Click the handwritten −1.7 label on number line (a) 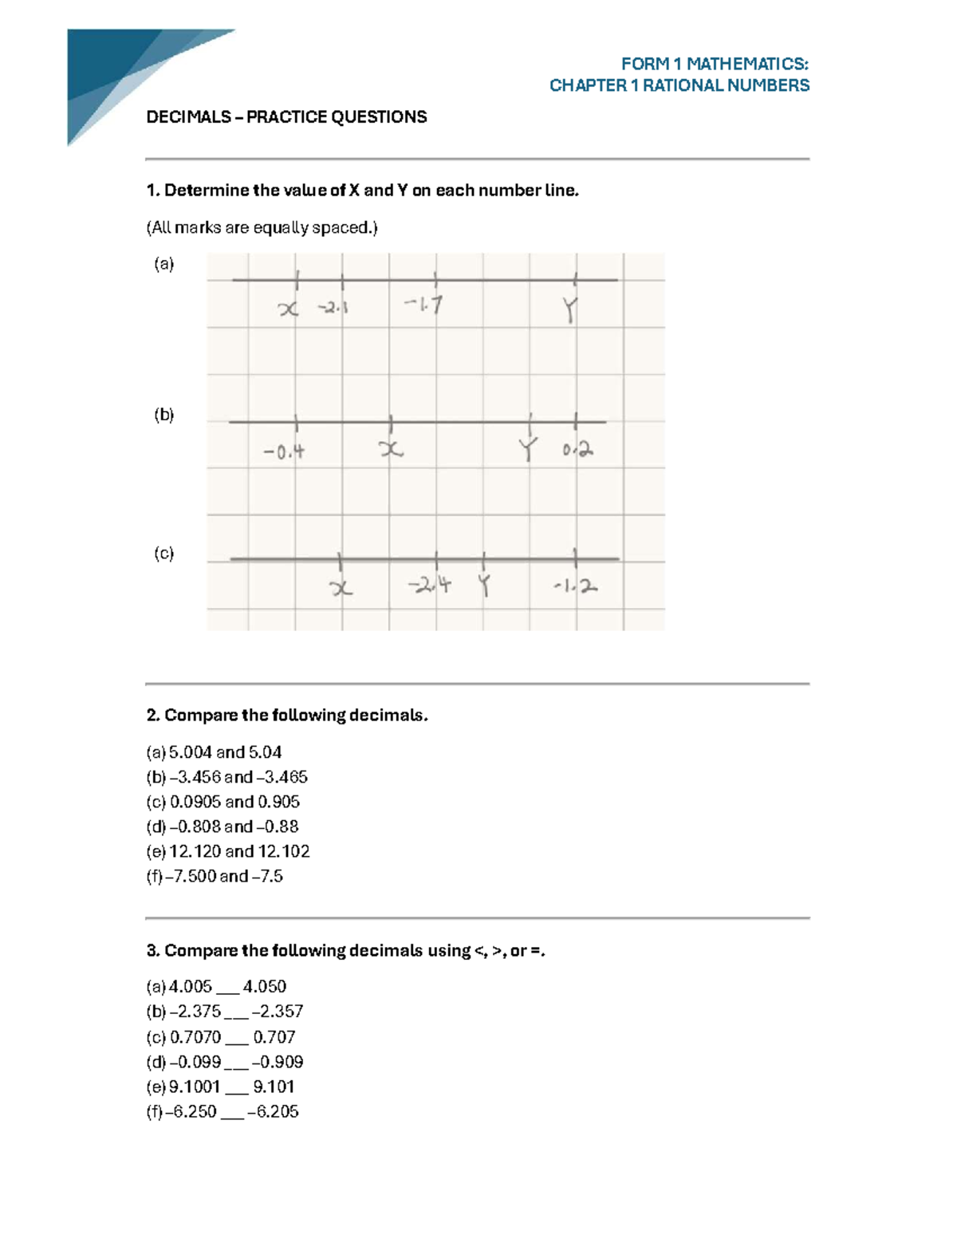coord(423,305)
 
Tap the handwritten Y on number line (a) coord(569,310)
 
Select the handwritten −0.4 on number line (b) coord(284,452)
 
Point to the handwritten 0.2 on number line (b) coord(577,451)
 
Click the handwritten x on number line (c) coord(341,589)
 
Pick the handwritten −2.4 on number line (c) coord(430,586)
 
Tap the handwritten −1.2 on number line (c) coord(576,587)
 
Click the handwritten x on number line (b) coord(391,451)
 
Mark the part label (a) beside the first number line coord(163,264)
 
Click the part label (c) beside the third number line coord(163,554)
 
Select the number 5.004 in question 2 coord(191,752)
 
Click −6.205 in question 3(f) coord(273,1111)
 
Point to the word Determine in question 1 coord(207,191)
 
